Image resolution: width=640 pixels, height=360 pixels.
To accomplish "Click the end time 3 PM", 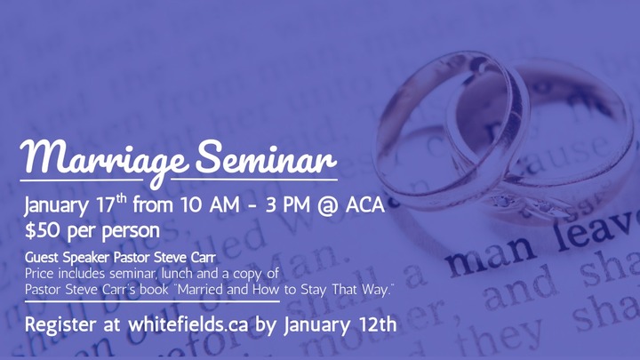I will tap(278, 207).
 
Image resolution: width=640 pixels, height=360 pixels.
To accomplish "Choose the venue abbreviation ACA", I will tap(364, 207).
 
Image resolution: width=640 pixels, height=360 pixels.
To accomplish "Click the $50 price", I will tap(44, 230).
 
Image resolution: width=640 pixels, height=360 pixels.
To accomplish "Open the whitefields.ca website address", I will tap(181, 324).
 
